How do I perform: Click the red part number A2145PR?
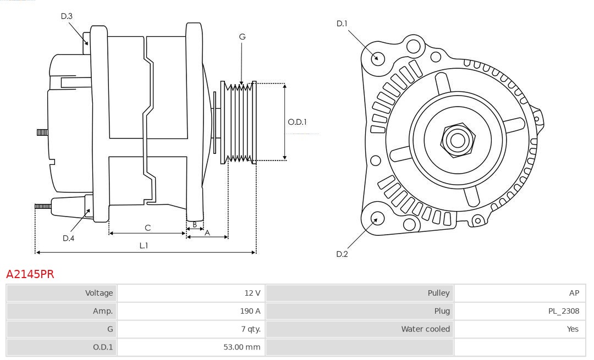tap(30, 274)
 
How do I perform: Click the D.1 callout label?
tap(342, 23)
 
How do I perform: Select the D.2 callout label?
tap(342, 254)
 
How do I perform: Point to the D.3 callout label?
tap(67, 16)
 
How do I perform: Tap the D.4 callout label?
tap(68, 238)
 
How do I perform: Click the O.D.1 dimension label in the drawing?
tap(297, 122)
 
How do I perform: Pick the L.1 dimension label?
tap(144, 246)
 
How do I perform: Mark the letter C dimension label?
tap(147, 228)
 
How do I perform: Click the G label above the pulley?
tap(242, 37)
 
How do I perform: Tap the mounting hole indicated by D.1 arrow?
tap(378, 58)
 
